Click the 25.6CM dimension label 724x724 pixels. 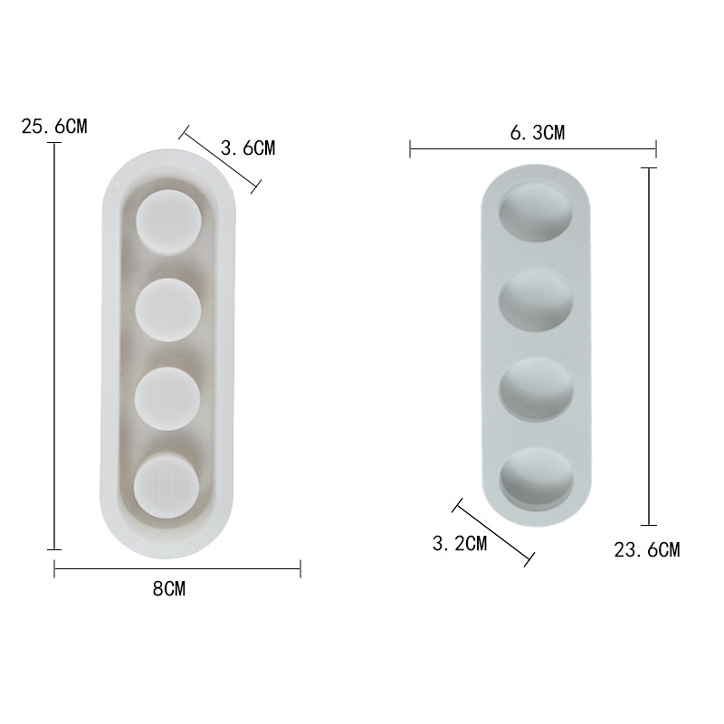pyautogui.click(x=54, y=126)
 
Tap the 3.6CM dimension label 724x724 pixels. pyautogui.click(x=248, y=148)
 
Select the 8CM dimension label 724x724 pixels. pyautogui.click(x=169, y=589)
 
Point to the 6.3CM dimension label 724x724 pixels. pyautogui.click(x=538, y=132)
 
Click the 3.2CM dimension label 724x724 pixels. pyautogui.click(x=460, y=544)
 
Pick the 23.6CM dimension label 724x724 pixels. pyautogui.click(x=647, y=550)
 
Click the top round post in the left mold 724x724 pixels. pyautogui.click(x=168, y=223)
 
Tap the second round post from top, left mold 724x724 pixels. pyautogui.click(x=168, y=310)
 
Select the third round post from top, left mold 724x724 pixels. pyautogui.click(x=167, y=398)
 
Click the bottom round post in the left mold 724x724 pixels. pyautogui.click(x=167, y=488)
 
